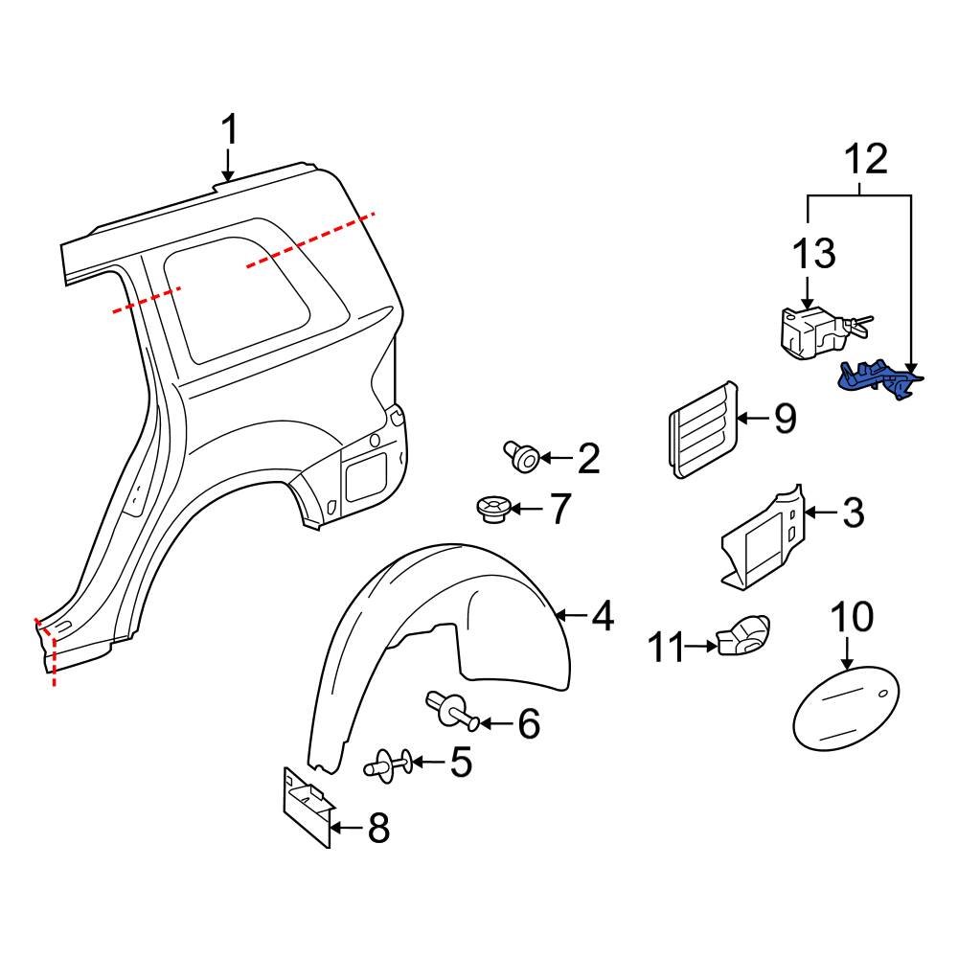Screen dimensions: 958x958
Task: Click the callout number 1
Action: click(x=229, y=129)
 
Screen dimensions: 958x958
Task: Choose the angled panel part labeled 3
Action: click(x=761, y=536)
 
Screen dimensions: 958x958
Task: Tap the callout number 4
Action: click(x=602, y=616)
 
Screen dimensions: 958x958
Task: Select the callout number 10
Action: click(x=852, y=618)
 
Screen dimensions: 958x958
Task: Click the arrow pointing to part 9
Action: click(x=754, y=418)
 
